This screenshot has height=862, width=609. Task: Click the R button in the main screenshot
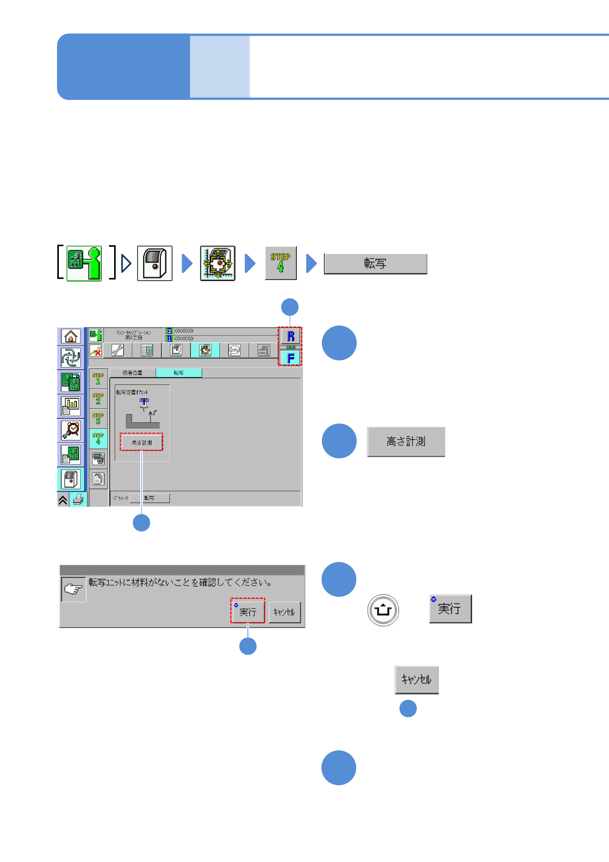[x=291, y=336]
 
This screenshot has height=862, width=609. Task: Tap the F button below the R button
[x=291, y=358]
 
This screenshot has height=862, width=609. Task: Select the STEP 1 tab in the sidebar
[x=98, y=379]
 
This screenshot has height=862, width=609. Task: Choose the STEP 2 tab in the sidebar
[x=98, y=399]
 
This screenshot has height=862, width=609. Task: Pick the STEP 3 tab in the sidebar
[x=98, y=419]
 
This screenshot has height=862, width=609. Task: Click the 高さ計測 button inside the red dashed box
[x=142, y=442]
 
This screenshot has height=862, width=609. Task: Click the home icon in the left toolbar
[x=71, y=336]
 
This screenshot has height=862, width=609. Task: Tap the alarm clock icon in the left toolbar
[x=71, y=430]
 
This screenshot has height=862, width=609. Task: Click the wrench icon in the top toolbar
[x=117, y=350]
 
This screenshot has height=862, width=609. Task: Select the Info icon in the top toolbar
[x=234, y=350]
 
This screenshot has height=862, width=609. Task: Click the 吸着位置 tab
[x=133, y=373]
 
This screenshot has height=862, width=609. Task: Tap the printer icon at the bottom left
[x=78, y=500]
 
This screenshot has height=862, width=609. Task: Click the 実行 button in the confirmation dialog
[x=248, y=611]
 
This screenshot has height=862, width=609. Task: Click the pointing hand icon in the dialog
[x=73, y=590]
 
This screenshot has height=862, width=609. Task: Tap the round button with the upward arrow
[x=383, y=610]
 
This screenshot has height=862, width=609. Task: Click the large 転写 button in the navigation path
[x=375, y=264]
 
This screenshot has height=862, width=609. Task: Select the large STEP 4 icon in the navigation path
[x=280, y=263]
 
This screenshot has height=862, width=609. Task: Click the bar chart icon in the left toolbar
[x=71, y=406]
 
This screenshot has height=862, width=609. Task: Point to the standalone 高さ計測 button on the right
[x=406, y=441]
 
